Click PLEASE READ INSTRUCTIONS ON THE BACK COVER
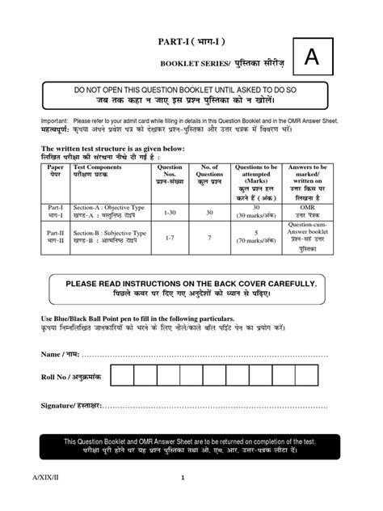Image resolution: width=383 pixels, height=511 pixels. [x=191, y=285]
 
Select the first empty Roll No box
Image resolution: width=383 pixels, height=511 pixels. [x=121, y=377]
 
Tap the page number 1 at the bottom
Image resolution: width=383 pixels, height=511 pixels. [x=183, y=478]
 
